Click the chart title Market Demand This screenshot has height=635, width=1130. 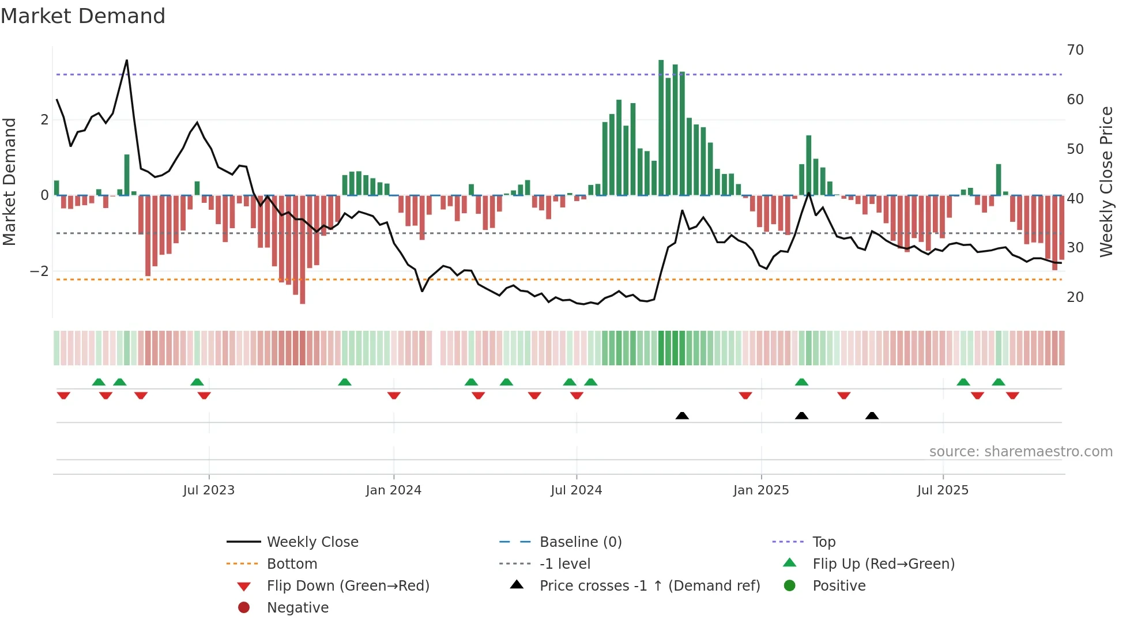click(x=83, y=16)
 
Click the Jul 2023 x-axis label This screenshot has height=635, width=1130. click(x=209, y=490)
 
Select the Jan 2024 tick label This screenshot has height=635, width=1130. click(x=394, y=490)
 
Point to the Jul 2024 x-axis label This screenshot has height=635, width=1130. click(x=577, y=490)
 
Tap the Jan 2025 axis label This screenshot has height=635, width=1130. click(x=761, y=490)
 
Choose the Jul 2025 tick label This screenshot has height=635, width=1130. click(x=943, y=490)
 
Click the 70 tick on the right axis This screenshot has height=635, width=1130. click(x=1075, y=50)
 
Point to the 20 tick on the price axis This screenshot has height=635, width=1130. click(x=1075, y=297)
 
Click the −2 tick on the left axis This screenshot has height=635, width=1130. click(x=39, y=271)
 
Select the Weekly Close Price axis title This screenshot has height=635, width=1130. click(x=1106, y=182)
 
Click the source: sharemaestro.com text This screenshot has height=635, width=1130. click(x=1020, y=452)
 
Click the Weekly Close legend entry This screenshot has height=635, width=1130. click(x=312, y=542)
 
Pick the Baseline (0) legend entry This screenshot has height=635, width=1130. click(x=580, y=542)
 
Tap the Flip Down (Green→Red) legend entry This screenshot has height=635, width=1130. click(x=348, y=586)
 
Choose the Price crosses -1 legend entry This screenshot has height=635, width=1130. click(x=649, y=586)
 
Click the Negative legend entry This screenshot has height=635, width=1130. click(x=297, y=608)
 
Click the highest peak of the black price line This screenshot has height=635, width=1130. click(x=127, y=61)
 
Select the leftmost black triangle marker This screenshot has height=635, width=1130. click(x=682, y=415)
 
